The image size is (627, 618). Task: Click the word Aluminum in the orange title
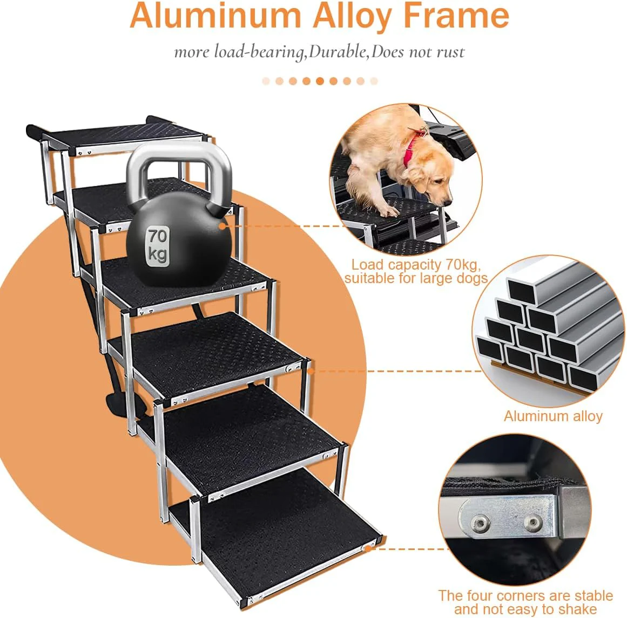215,16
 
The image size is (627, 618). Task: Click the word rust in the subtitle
450,52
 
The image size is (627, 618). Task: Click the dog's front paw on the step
387,211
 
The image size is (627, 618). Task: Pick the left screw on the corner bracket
479,522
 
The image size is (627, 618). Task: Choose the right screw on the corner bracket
532,521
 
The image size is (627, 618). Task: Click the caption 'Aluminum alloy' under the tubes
553,416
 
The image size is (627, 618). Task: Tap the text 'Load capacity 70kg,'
416,264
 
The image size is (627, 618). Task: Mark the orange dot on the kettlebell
223,226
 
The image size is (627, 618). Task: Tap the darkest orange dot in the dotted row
320,81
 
